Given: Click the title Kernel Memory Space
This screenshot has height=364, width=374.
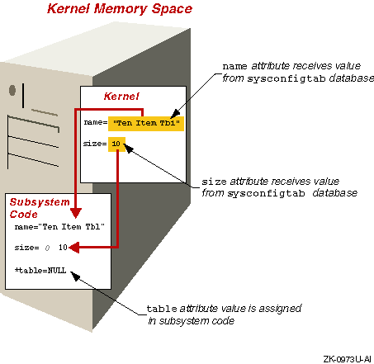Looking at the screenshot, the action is [x=120, y=8].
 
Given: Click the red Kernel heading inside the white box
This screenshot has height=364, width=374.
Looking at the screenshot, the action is [x=121, y=97].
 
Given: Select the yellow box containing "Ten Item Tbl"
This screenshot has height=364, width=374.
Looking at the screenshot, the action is [x=146, y=123].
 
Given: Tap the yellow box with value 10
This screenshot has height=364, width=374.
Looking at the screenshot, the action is [x=116, y=144].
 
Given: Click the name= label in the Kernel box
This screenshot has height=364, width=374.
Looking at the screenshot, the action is [x=96, y=122].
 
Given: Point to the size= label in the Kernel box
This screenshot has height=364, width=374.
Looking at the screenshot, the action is [x=95, y=144].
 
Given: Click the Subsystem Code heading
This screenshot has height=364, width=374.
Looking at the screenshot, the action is [x=40, y=208].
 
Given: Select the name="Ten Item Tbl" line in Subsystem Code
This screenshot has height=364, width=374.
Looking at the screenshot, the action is [x=59, y=227].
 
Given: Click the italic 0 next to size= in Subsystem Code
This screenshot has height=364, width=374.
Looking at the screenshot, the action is [x=47, y=248].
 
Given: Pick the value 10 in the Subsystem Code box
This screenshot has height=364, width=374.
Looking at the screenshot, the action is [x=63, y=248].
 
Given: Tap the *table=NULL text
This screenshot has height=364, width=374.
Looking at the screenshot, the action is [x=40, y=271].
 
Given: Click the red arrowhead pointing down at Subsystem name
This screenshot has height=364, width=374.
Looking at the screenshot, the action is [x=76, y=213].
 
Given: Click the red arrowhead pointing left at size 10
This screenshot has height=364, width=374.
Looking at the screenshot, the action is [x=74, y=248].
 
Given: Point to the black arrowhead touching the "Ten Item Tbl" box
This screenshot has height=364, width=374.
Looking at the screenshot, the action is [x=175, y=114].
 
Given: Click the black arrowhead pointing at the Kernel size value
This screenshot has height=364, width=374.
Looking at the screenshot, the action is [x=129, y=149].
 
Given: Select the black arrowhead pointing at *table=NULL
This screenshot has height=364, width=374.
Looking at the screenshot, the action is [x=75, y=276].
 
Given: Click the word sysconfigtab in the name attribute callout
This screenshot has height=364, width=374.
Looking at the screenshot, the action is [x=286, y=79].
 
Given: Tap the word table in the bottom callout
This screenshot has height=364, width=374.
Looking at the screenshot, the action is [x=162, y=309].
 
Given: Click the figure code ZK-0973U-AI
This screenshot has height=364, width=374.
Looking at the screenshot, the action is [x=347, y=359].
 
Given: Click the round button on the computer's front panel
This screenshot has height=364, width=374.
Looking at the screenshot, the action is [x=12, y=90].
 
